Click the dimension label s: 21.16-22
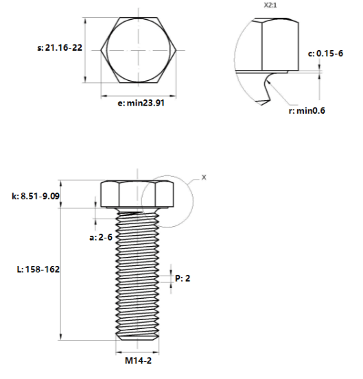pyautogui.click(x=60, y=47)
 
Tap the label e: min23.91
pyautogui.click(x=141, y=103)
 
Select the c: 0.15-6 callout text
pyautogui.click(x=325, y=53)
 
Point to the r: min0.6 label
pyautogui.click(x=307, y=111)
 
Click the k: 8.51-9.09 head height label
pyautogui.click(x=36, y=196)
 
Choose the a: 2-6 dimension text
pyautogui.click(x=101, y=237)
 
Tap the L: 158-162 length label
pyautogui.click(x=38, y=269)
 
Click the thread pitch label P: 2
pyautogui.click(x=183, y=278)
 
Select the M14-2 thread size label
pyautogui.click(x=138, y=361)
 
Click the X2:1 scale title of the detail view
pyautogui.click(x=270, y=5)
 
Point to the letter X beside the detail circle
pyautogui.click(x=204, y=178)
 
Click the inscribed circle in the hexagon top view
pyautogui.click(x=107, y=50)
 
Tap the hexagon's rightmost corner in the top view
pyautogui.click(x=176, y=50)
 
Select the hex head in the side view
pyautogui.click(x=137, y=194)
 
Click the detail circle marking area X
pyautogui.click(x=193, y=201)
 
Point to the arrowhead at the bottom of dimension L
pyautogui.click(x=60, y=337)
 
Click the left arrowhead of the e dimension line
pyautogui.click(x=104, y=96)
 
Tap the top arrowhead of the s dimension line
pyautogui.click(x=85, y=21)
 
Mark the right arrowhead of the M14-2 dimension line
pyautogui.click(x=156, y=353)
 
